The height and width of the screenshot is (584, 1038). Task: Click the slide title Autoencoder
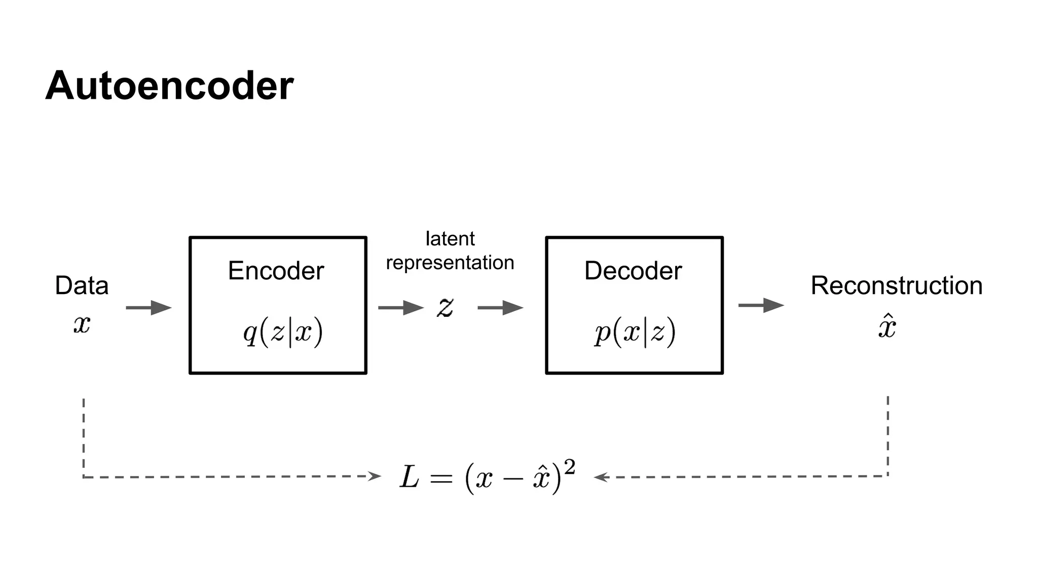coord(169,86)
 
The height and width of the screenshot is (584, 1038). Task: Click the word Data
coord(82,285)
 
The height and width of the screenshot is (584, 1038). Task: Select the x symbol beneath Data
coord(82,323)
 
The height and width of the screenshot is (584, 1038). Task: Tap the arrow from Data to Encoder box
coord(149,308)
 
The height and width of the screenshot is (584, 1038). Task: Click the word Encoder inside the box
coord(276,271)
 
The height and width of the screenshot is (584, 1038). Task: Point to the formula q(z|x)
coord(283,333)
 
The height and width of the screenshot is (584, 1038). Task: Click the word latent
coord(450,239)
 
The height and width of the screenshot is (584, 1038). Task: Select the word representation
coord(450,263)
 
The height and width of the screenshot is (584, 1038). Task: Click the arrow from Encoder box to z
coord(400,308)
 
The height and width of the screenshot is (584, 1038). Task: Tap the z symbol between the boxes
coord(445,307)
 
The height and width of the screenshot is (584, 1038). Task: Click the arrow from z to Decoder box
coord(500,308)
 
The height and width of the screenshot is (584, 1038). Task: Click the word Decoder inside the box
coord(633,271)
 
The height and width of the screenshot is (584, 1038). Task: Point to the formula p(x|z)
coord(635,333)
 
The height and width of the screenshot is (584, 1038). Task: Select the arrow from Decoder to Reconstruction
coord(761,305)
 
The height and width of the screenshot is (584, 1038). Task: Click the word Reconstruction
coord(896,285)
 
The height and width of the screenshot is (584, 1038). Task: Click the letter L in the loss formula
coord(409,478)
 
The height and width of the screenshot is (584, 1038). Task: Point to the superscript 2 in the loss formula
coord(570,467)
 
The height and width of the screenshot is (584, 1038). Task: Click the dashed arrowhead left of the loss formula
coord(375,476)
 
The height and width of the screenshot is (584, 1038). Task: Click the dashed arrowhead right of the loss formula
coord(600,477)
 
